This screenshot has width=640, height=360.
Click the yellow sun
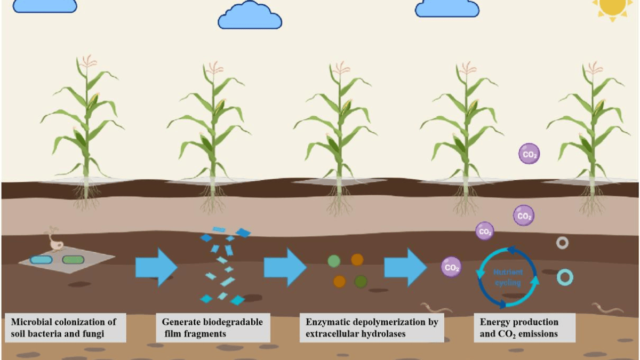(613, 7)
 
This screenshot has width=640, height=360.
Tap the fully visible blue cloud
(250, 15)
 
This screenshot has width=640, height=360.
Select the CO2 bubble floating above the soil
(529, 154)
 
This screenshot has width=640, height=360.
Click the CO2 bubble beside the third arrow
(451, 267)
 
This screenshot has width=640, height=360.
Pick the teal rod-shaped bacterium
(41, 260)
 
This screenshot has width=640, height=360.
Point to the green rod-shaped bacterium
(73, 260)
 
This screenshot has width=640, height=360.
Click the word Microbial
(31, 322)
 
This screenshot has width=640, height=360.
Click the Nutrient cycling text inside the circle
(508, 277)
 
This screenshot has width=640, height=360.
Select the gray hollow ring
(562, 238)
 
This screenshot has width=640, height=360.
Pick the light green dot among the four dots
(334, 261)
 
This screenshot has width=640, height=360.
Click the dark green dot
(361, 282)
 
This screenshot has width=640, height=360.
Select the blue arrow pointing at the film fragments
(156, 267)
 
